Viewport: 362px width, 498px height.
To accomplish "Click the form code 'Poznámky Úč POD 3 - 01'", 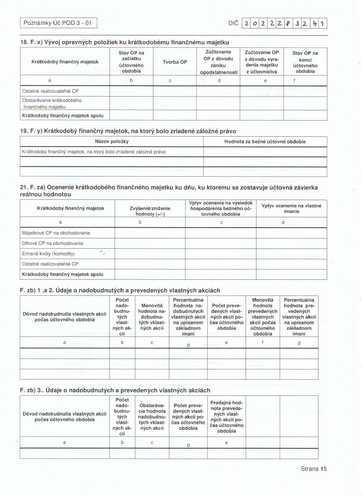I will [x=58, y=23].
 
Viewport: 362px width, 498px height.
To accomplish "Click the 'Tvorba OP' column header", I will [x=175, y=62].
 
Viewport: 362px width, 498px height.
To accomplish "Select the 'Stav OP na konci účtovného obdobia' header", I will [x=305, y=62].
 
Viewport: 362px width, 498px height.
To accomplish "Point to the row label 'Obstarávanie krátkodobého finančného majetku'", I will [x=52, y=104].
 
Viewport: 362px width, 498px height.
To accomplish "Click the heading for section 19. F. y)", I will [x=128, y=131].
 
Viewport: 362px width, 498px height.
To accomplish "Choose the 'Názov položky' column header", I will [x=112, y=141].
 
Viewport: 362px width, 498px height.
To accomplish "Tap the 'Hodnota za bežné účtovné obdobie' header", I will [x=265, y=141].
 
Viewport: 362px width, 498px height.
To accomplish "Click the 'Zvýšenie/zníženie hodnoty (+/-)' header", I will [x=150, y=211].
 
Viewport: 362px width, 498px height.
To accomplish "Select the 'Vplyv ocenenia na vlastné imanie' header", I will [x=291, y=208].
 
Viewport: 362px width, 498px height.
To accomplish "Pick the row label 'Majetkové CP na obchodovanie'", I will [x=56, y=233].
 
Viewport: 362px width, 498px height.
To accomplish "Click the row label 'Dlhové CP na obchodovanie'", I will [x=53, y=243].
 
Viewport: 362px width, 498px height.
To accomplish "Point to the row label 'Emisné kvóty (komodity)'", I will [x=48, y=254].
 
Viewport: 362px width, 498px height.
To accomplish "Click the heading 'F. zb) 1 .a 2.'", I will [x=120, y=290].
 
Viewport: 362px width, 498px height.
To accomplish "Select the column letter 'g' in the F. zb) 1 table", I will [x=299, y=342].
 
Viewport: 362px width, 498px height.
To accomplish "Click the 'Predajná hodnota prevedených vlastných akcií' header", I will [x=226, y=417].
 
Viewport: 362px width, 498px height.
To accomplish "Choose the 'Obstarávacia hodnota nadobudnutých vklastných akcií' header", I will [x=152, y=417].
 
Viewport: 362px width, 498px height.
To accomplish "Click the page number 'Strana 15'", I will [x=314, y=469].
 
